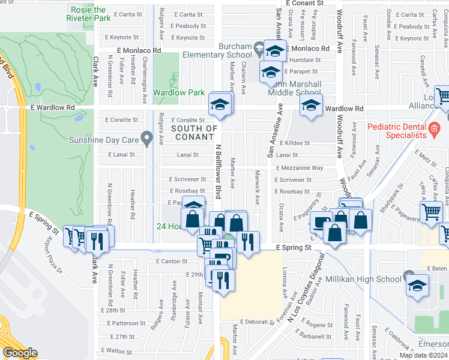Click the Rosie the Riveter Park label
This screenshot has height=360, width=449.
[88, 14]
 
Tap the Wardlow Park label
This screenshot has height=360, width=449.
[179, 93]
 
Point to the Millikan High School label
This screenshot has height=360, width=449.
[363, 279]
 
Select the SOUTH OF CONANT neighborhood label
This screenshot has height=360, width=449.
[194, 133]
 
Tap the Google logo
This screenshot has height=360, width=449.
[20, 353]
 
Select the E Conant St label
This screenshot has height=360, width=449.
[304, 3]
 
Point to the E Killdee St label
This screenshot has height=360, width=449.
[293, 143]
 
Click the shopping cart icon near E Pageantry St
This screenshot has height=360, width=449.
[431, 212]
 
